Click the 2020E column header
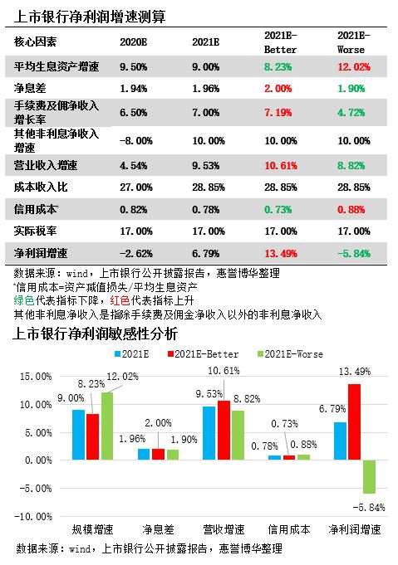tap(133, 42)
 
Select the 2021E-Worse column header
tap(354, 42)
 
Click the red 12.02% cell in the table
tap(354, 67)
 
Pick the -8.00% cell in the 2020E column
tap(136, 140)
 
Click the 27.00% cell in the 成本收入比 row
tap(136, 188)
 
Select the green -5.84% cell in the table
tap(354, 253)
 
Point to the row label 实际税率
tap(36, 231)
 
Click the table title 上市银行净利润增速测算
tap(90, 17)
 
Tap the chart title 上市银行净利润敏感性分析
tap(96, 334)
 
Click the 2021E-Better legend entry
tap(203, 354)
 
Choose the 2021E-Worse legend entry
tap(290, 354)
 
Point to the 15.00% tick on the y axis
tap(36, 377)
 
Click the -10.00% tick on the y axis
tap(33, 516)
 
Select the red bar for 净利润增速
tap(354, 422)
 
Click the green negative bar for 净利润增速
tap(369, 477)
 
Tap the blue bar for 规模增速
tap(79, 435)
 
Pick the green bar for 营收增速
tap(238, 436)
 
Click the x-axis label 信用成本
tap(289, 529)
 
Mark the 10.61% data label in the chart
tap(224, 371)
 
